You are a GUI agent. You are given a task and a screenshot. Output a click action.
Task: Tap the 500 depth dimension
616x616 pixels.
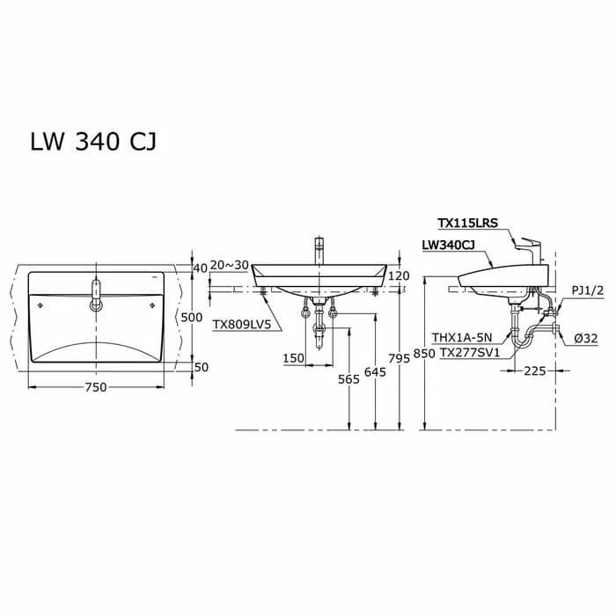coord(192,318)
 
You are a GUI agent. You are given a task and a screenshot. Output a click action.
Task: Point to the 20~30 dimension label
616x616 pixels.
coord(231,267)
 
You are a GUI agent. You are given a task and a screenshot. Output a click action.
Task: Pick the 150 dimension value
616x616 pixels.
coord(294,358)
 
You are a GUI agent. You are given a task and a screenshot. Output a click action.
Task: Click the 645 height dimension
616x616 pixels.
coord(376,373)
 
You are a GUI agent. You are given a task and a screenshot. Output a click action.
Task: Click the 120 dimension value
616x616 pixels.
coord(400,276)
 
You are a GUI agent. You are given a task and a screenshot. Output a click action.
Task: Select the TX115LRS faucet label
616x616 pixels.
coord(467,224)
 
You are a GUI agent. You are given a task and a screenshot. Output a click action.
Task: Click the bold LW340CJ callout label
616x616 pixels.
coord(450,246)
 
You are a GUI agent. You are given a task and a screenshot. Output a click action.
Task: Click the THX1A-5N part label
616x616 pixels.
coord(466,337)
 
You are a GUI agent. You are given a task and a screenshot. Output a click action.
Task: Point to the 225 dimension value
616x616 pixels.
coord(534,371)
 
